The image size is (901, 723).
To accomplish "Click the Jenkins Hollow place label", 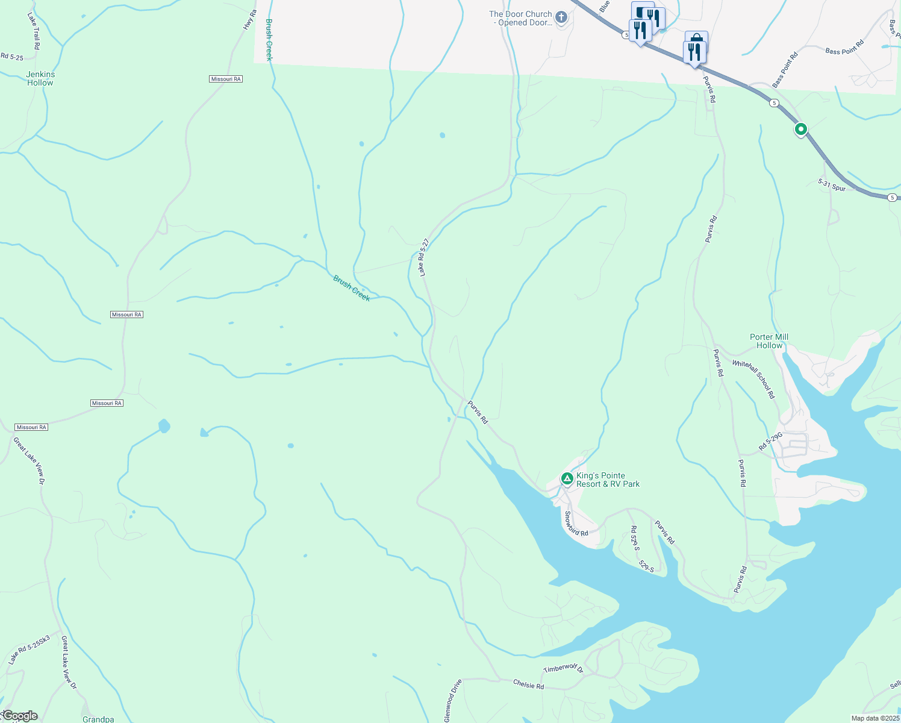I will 40,79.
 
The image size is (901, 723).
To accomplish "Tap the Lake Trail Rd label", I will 34,31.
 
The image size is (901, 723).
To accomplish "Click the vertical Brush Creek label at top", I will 269,40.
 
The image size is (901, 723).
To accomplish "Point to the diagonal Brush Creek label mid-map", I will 352,289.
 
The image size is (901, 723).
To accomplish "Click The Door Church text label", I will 520,18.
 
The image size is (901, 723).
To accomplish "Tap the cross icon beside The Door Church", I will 561,17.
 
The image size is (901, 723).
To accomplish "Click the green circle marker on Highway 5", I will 800,129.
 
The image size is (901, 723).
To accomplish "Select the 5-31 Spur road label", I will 832,184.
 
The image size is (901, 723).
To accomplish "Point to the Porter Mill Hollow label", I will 769,341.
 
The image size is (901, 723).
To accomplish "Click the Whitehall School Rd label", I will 753,380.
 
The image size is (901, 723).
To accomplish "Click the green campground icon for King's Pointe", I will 567,479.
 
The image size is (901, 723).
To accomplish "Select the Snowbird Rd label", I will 576,524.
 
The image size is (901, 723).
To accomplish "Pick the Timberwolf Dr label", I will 563,669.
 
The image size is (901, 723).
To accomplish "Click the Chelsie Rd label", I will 528,685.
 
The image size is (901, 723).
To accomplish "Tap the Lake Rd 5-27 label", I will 425,257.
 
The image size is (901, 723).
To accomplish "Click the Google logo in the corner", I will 20,716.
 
